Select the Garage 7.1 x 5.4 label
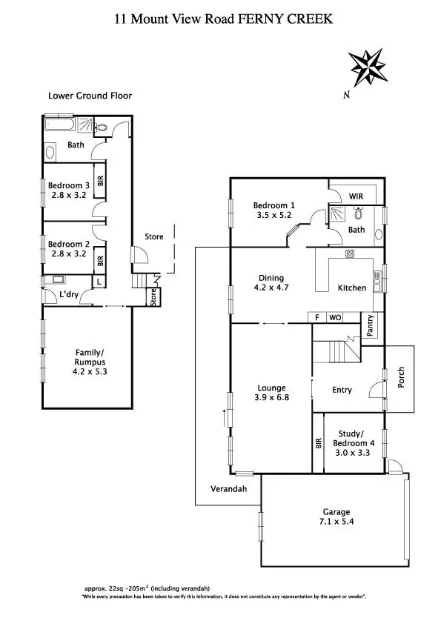click(x=336, y=517)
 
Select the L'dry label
click(x=69, y=296)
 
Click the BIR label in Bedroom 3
click(x=99, y=181)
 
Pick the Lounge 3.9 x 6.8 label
click(x=271, y=392)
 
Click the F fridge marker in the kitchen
click(x=317, y=318)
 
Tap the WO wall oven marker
click(x=334, y=318)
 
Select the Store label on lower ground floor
click(x=153, y=236)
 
